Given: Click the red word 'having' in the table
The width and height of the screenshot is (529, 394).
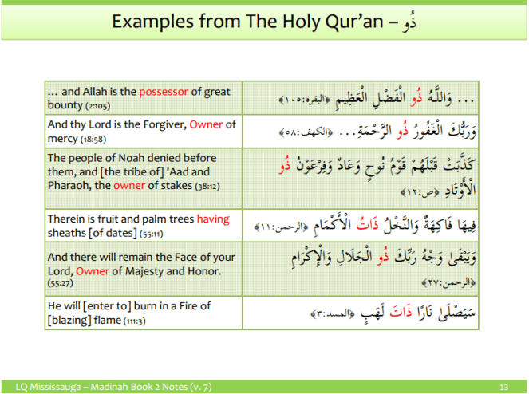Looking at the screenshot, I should pos(213,219).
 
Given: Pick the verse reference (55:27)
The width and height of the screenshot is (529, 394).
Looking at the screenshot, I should pos(58,283).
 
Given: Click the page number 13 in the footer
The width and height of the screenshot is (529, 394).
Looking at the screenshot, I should pos(503,386).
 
